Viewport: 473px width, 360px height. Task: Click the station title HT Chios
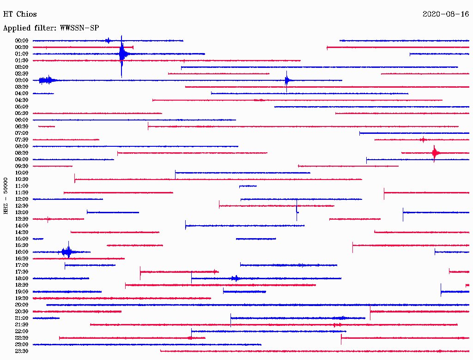20,14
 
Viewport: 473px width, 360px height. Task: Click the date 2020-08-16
446,14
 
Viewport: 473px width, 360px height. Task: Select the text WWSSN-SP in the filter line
79,28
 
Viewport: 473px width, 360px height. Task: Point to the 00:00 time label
21,41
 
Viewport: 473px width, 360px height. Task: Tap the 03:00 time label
21,80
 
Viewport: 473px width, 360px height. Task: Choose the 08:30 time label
21,153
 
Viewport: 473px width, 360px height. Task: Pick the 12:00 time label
21,199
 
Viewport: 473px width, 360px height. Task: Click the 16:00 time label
21,252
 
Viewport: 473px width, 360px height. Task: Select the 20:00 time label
21,305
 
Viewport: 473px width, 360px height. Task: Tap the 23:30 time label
21,351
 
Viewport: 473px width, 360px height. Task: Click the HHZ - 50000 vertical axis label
6,196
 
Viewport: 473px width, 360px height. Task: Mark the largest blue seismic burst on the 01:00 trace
122,54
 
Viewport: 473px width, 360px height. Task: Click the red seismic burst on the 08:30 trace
435,153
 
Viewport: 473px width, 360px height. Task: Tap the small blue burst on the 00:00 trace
108,41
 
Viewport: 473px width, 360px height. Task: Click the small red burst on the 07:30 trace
423,139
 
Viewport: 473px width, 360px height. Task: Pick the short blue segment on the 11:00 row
248,186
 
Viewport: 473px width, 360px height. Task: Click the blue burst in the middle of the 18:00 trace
236,278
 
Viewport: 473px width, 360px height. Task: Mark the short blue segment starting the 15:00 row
38,239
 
